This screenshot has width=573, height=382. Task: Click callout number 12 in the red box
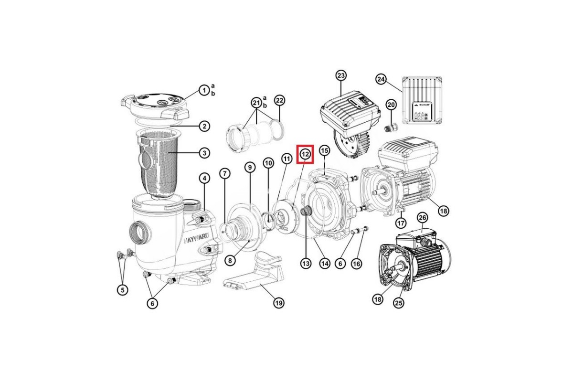pos(305,154)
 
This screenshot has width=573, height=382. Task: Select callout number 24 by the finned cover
pos(381,80)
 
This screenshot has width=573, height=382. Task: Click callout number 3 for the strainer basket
pos(204,153)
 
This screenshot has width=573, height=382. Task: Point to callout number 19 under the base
pos(278,303)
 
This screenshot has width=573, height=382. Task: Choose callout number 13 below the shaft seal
pos(306,263)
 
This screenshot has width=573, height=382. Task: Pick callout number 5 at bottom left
pos(123,290)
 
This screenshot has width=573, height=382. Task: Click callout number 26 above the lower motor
pos(422,218)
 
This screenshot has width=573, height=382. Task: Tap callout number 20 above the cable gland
pos(391,105)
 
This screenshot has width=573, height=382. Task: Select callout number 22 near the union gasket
pos(279,101)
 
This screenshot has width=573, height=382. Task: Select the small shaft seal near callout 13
pos(305,211)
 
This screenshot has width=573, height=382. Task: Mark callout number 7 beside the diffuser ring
pos(224,174)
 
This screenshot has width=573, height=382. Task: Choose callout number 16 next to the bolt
pos(357,263)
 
